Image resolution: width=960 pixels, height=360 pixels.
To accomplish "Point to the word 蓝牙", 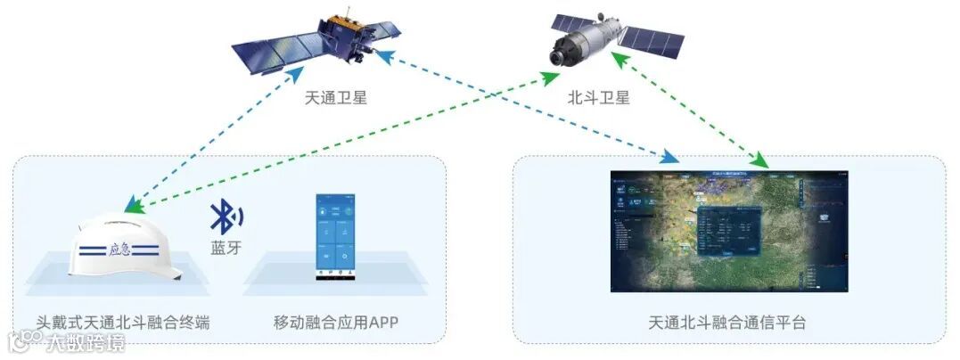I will (226, 248).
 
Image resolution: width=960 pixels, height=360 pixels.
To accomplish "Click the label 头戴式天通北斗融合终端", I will (123, 322).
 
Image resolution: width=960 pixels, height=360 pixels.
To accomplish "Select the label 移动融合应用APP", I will (335, 322).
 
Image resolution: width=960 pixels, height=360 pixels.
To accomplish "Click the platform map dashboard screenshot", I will (728, 231).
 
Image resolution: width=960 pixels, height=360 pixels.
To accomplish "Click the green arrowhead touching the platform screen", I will (760, 161).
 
